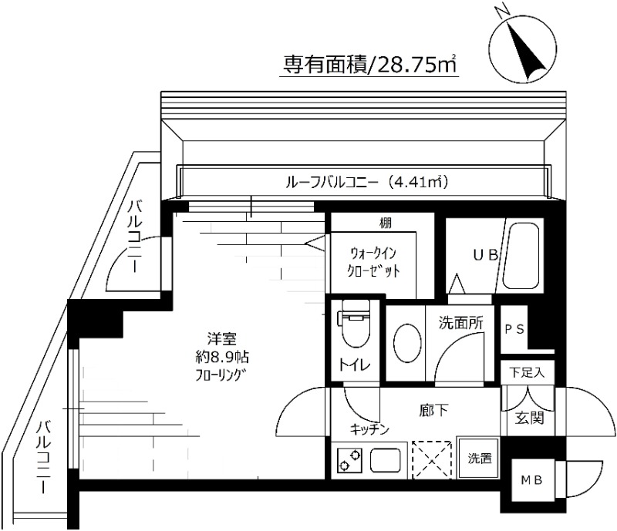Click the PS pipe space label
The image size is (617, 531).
pos(514,328)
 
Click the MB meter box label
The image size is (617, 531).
pos(533,479)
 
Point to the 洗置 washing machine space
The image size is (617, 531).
pos(479,458)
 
